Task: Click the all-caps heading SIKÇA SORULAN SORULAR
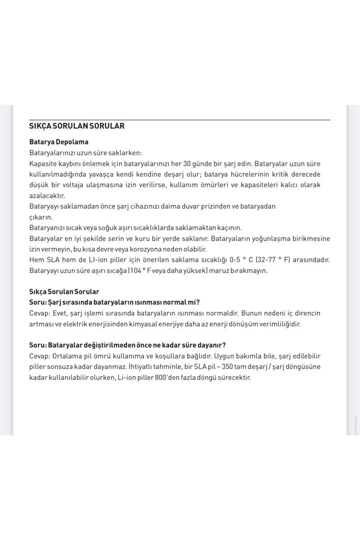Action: [x=77, y=126]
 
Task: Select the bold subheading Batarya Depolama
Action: [x=59, y=142]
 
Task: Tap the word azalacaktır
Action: [x=47, y=196]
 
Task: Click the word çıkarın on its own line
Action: [x=41, y=217]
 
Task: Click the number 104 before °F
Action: [x=136, y=270]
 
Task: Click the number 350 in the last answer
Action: [x=227, y=367]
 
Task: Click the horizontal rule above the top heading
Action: [x=180, y=120]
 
